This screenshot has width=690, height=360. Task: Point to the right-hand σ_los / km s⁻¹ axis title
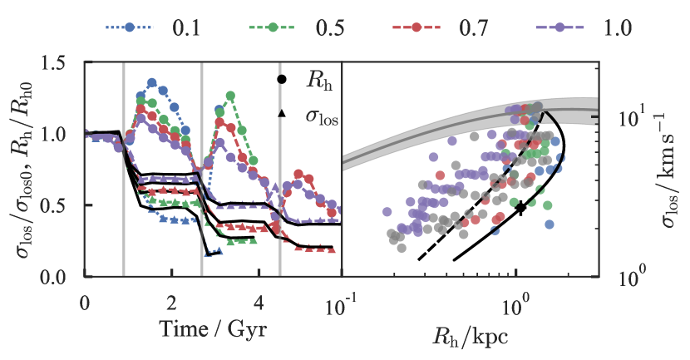[x=665, y=170]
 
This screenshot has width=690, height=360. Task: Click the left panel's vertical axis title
[x=23, y=170]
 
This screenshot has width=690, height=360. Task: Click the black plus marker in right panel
[x=521, y=206]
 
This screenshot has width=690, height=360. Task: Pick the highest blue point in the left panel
[x=152, y=82]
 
